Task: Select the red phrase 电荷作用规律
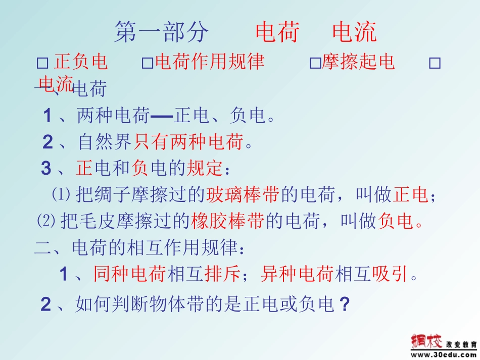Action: tap(210, 62)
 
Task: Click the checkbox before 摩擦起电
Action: tap(315, 63)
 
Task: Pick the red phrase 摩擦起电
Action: tap(358, 62)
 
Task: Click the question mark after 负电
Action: tap(345, 304)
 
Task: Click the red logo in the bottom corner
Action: tap(426, 341)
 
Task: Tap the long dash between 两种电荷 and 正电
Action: tap(162, 117)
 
